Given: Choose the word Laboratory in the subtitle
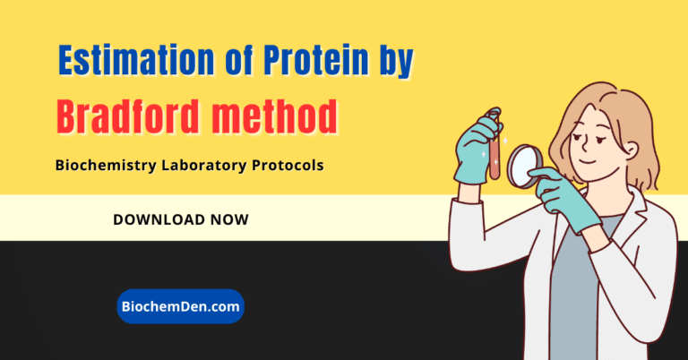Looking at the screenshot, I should pos(202,166).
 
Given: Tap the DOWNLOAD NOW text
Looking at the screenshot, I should pos(181,219).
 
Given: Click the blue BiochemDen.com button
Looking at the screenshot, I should pos(180,306).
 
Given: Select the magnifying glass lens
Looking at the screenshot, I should pos(525,166).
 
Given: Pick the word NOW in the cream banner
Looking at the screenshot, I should pos(229,219).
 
